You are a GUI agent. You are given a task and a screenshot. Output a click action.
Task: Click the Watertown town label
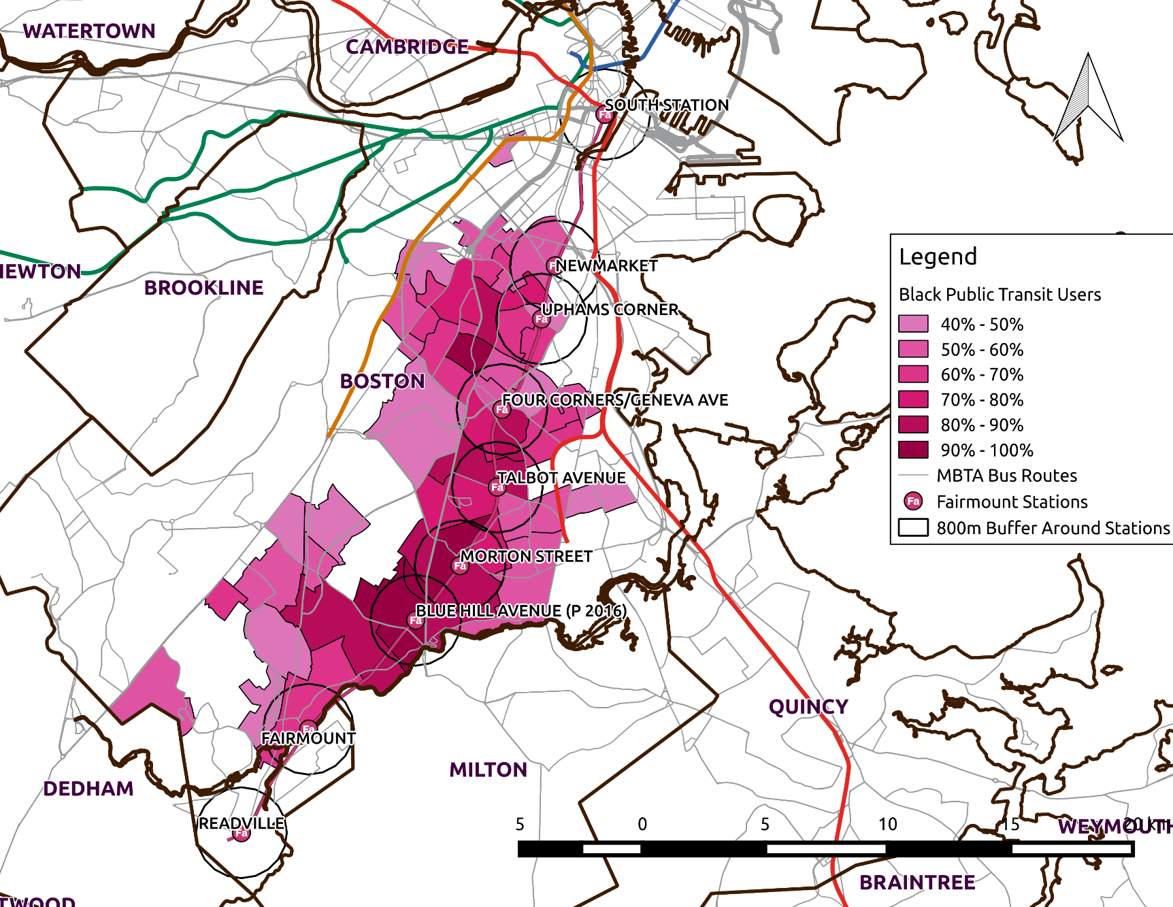click(x=89, y=31)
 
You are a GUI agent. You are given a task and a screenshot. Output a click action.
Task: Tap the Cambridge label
click(x=407, y=47)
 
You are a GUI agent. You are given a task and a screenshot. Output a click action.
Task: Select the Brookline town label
click(x=203, y=288)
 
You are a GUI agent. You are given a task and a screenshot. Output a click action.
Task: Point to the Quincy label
click(x=808, y=707)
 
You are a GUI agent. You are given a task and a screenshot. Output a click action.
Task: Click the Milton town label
click(x=488, y=770)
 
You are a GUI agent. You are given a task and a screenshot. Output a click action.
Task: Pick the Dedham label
click(x=88, y=789)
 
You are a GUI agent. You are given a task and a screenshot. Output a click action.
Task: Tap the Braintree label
click(x=917, y=883)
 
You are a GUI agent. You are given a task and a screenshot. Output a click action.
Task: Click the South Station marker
click(x=605, y=114)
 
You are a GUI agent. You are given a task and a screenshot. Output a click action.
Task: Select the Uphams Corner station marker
click(x=542, y=318)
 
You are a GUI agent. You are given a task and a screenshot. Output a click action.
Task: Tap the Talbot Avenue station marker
click(x=498, y=487)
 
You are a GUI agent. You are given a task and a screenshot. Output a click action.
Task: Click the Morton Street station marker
click(x=461, y=565)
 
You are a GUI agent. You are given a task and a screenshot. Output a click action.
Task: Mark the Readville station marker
click(x=242, y=833)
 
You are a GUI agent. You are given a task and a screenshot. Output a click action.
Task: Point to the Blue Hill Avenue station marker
click(x=416, y=620)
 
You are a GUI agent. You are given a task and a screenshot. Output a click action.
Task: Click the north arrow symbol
click(x=1087, y=99)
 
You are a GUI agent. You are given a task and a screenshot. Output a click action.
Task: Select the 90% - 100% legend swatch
click(x=913, y=450)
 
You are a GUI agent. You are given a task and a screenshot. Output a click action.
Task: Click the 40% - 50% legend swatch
click(x=913, y=324)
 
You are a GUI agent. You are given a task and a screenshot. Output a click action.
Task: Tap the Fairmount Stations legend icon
click(x=913, y=501)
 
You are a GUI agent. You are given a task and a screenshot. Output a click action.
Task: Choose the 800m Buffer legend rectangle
click(x=913, y=528)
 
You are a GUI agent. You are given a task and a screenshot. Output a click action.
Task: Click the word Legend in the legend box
click(x=938, y=257)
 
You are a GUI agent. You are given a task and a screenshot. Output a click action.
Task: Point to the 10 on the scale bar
click(x=887, y=824)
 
